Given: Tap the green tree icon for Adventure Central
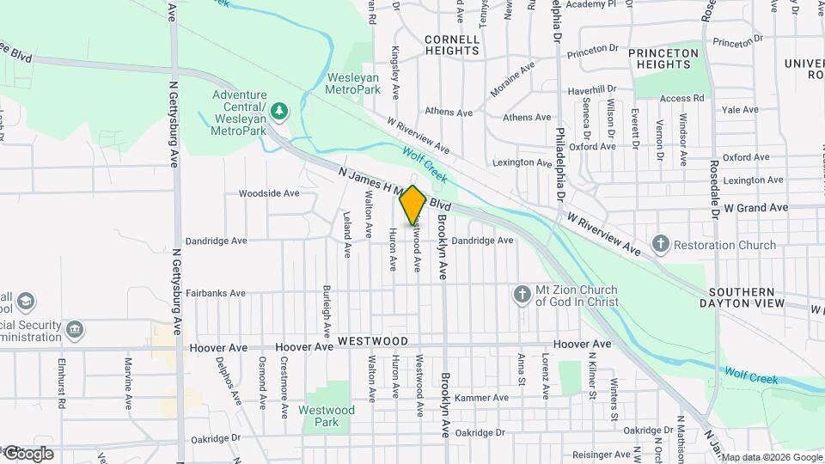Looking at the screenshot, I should [279, 111].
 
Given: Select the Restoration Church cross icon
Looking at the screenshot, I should [660, 245].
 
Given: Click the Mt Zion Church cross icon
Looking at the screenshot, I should [521, 295].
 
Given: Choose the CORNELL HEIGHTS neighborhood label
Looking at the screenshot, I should [451, 45].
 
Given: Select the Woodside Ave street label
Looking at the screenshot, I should [269, 193].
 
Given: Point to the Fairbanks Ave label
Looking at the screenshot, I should [216, 293].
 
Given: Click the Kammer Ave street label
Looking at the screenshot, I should [482, 398].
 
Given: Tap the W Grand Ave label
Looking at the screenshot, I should [755, 208].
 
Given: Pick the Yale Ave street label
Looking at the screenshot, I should [740, 110].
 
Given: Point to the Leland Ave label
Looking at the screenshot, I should [348, 235].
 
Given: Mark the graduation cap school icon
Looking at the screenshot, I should [26, 301].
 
